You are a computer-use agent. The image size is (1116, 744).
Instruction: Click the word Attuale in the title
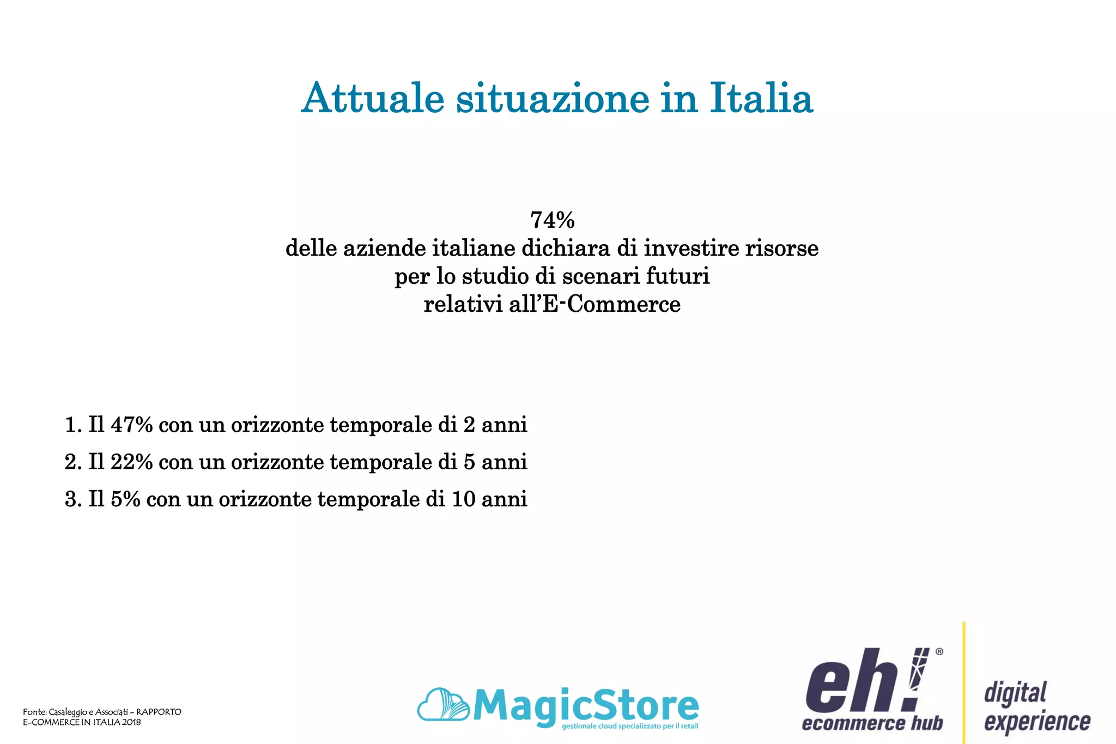click(x=373, y=98)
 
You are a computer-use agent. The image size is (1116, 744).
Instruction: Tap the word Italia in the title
click(x=761, y=98)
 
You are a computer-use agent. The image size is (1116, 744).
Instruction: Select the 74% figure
click(x=552, y=220)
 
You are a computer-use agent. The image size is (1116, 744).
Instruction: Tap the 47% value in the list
click(x=131, y=425)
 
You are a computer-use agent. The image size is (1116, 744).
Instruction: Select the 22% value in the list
click(x=131, y=462)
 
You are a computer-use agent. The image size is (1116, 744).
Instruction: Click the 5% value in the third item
click(x=125, y=499)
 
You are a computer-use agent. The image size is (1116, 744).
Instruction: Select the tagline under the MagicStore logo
click(x=629, y=727)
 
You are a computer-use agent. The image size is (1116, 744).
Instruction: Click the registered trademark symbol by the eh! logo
click(x=939, y=651)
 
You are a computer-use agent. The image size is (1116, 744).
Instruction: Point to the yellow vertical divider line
click(x=964, y=681)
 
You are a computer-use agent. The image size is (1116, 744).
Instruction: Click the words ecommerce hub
click(x=872, y=724)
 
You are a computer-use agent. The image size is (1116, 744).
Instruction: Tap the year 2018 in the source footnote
click(x=131, y=722)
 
